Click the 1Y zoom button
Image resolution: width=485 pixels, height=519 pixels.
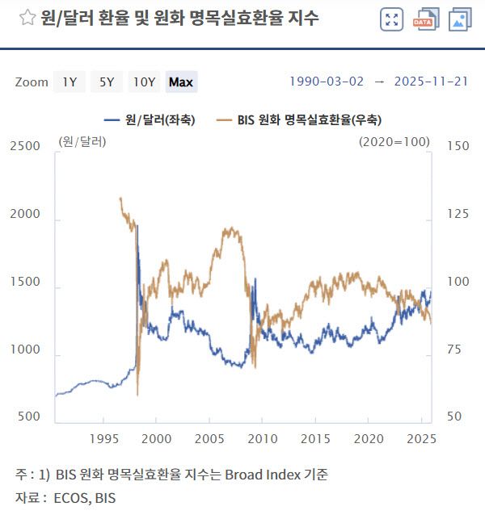point(70,82)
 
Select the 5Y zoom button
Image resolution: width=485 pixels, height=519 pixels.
point(107,82)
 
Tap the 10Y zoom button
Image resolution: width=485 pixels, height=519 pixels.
point(145,82)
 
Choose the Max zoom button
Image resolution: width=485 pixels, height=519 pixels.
point(181,82)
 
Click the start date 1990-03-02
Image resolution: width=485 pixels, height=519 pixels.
point(327,82)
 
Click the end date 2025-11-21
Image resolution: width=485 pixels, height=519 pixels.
point(431,82)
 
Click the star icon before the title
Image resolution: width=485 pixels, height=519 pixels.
point(27,18)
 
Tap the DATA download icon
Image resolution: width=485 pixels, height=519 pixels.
point(425,19)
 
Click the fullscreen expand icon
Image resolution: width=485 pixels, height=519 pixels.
point(391,19)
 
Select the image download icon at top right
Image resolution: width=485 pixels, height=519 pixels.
point(460,19)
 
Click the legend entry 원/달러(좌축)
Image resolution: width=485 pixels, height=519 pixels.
point(150,119)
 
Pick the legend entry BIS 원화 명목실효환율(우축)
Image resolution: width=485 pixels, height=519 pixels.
point(300,119)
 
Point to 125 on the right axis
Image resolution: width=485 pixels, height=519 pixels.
point(458,214)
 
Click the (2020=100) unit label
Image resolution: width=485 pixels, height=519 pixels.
point(394,141)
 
